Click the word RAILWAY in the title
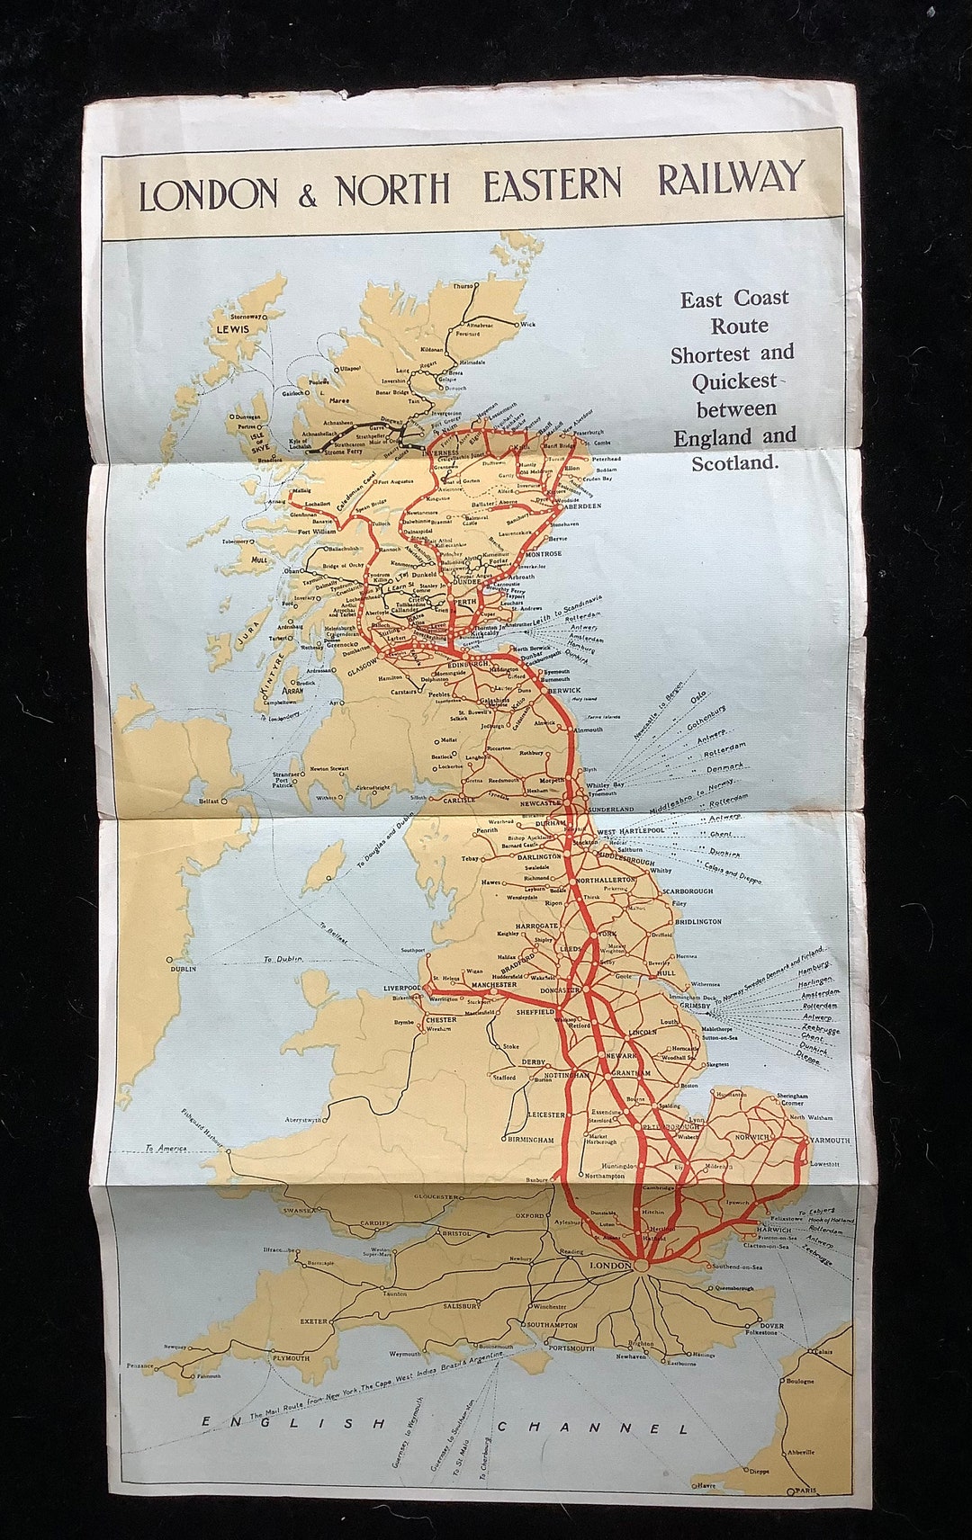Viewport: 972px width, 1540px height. pos(730,178)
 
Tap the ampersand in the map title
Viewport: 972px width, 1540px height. pos(308,196)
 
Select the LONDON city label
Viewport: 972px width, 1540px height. pos(609,1266)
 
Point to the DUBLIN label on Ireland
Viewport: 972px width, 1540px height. pos(182,969)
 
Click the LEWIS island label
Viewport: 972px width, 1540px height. pos(231,329)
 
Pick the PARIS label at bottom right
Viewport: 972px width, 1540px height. pos(806,1491)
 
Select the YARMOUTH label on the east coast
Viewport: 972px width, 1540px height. pos(830,1141)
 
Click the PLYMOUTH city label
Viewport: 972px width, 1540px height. pos(291,1358)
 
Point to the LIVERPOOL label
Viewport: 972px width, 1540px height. pos(402,988)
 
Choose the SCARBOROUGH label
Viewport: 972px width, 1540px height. pos(688,891)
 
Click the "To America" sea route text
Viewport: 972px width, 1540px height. pos(166,1149)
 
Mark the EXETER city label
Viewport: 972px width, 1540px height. pos(313,1321)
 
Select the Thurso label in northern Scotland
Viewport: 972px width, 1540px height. pos(463,286)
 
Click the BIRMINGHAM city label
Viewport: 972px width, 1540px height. pos(531,1140)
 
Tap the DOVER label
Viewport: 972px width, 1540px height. pos(771,1325)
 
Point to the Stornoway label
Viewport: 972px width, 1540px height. pos(246,317)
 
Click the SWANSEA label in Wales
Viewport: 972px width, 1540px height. pos(299,1210)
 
